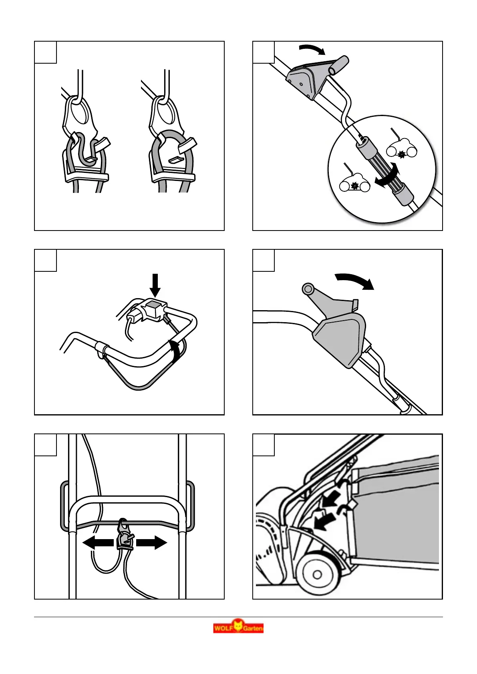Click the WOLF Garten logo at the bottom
[238, 627]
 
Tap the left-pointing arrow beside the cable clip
[98, 543]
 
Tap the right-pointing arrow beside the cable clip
[151, 543]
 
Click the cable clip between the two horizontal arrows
[124, 536]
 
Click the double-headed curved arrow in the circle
[388, 176]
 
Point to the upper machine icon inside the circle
[401, 149]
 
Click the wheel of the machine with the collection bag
[317, 574]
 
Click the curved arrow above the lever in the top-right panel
[313, 50]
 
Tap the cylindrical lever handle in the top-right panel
[339, 64]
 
